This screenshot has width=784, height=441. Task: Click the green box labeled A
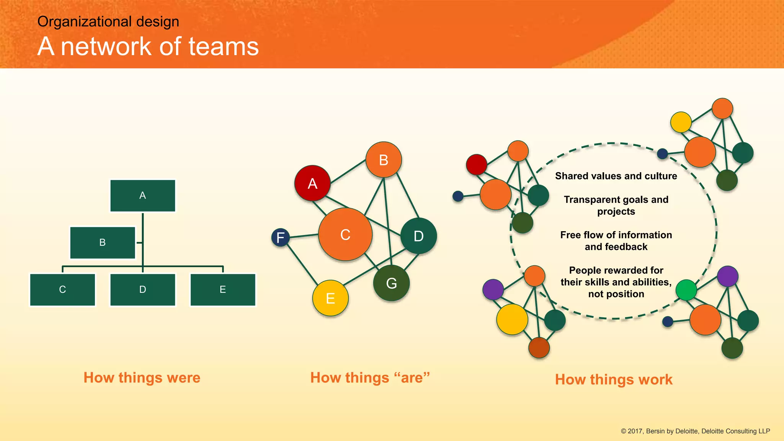coord(142,196)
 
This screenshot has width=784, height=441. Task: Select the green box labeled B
coord(103,243)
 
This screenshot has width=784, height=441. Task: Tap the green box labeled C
coord(62,290)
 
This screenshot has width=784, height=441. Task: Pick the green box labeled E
coord(223,290)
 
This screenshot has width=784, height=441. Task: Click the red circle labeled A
coord(312,183)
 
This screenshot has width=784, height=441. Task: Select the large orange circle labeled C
coord(345,234)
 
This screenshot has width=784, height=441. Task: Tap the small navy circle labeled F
coord(280,237)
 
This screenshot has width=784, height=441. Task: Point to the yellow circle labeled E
coord(330,298)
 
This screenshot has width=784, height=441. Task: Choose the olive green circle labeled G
coord(391,283)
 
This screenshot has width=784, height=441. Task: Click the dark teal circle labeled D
coord(418,236)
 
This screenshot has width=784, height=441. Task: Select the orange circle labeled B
coord(384,160)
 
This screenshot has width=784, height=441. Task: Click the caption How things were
coord(142,377)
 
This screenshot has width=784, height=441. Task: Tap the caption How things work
coord(614,379)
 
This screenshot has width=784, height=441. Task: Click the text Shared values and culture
coord(616,176)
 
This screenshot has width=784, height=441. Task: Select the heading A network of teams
coord(148,46)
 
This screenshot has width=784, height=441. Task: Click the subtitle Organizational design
coord(108,21)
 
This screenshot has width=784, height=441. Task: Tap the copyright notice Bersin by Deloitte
coord(695,431)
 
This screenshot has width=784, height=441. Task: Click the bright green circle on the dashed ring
coord(686,290)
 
